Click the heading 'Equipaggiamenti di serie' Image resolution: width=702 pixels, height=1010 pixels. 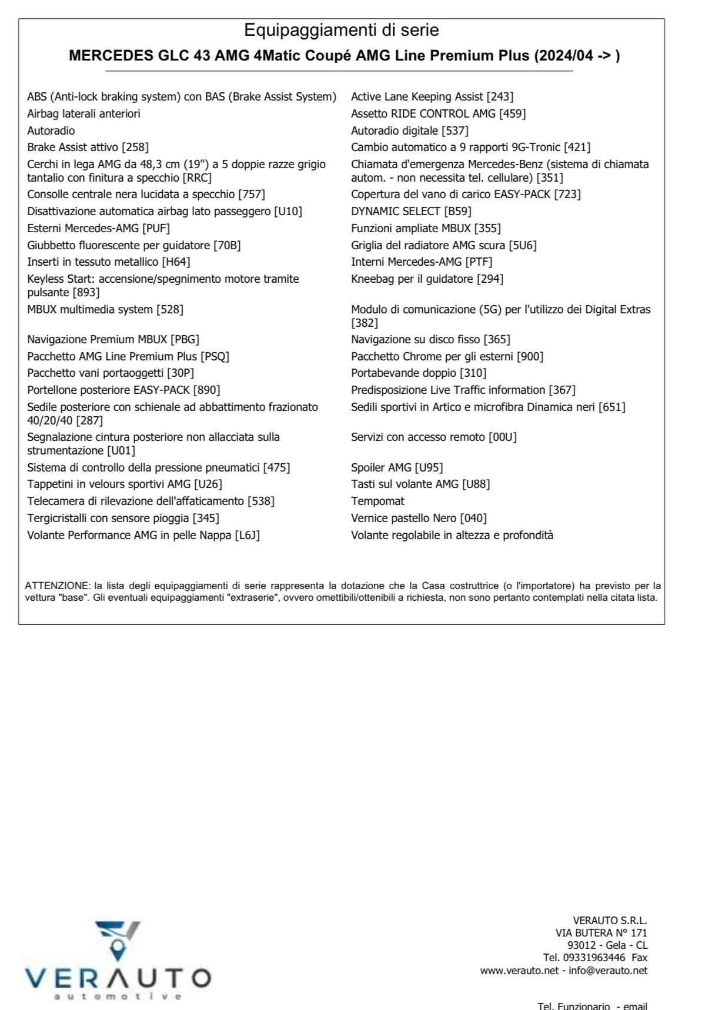341,30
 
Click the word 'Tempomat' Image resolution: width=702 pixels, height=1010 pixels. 377,501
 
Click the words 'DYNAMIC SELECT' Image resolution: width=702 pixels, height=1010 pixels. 395,211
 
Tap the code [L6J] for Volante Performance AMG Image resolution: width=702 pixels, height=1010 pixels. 247,535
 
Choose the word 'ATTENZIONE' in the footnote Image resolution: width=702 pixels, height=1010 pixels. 57,586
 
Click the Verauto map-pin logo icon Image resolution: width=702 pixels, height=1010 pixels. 118,939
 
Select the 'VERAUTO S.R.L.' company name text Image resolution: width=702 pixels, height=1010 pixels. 610,921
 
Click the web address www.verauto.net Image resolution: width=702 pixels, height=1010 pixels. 519,970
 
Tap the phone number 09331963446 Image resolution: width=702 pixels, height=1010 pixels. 593,958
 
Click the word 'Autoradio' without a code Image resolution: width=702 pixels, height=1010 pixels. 51,131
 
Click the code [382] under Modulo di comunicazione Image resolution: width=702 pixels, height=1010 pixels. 365,323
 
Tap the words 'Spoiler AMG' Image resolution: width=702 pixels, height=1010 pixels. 381,467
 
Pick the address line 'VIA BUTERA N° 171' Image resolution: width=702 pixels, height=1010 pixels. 601,933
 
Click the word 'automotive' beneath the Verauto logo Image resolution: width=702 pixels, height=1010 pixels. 118,996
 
